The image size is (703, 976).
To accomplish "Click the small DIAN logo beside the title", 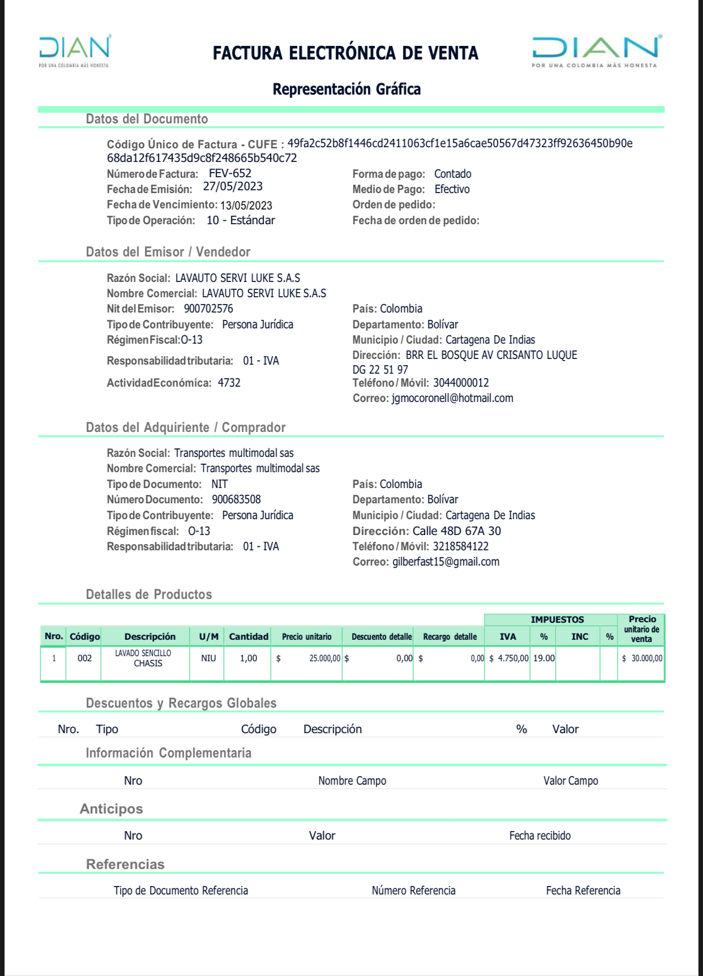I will tap(74, 50).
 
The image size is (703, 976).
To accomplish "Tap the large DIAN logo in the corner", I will tap(596, 50).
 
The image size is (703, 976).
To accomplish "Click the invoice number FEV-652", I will tap(230, 174).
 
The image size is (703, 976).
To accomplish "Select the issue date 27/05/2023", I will tap(233, 187).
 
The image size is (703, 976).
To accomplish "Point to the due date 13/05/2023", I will tap(246, 206).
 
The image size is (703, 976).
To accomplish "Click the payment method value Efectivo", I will tap(452, 190).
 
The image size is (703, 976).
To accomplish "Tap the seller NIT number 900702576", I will tap(208, 309).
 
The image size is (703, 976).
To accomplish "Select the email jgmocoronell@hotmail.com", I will tap(452, 399).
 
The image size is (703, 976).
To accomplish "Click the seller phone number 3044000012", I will tap(461, 383).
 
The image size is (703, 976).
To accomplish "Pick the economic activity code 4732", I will tap(229, 383).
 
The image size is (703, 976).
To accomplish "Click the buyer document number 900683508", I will tap(236, 500).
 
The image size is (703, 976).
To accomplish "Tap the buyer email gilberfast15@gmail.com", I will tap(446, 562).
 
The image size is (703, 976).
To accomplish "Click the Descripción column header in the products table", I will tap(150, 637).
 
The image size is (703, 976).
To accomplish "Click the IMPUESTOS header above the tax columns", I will tap(557, 620).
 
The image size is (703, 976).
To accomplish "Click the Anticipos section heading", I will tap(111, 809).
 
